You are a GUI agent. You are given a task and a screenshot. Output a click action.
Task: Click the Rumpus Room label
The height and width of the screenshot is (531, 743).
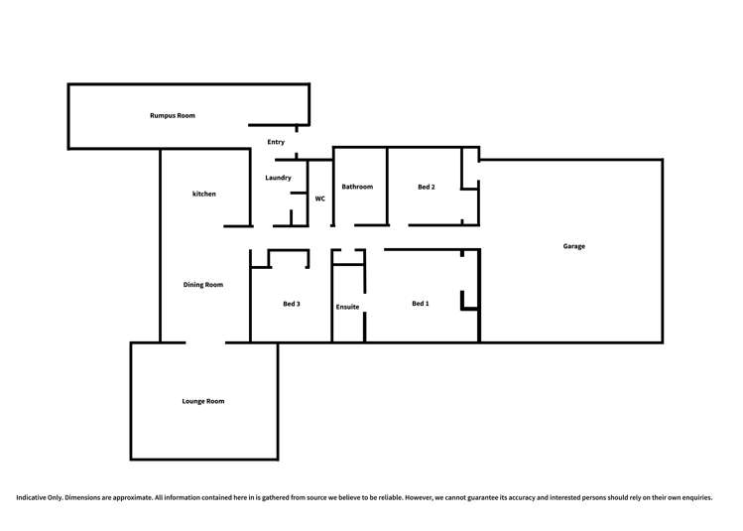point(172,116)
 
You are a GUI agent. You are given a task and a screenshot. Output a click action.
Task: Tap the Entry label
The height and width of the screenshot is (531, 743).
point(276,142)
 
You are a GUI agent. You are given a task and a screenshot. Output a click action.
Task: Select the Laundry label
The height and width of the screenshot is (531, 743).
point(278,178)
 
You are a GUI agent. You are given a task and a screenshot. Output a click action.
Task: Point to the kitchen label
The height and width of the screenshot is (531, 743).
point(204,194)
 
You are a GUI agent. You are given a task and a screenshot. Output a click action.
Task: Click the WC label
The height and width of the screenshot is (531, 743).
point(320,199)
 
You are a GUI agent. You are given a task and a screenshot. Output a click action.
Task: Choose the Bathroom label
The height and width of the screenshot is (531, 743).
point(357,187)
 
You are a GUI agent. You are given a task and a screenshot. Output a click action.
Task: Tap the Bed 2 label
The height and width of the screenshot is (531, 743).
point(426,187)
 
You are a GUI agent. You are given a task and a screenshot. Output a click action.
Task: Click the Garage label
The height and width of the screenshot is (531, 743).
point(573,246)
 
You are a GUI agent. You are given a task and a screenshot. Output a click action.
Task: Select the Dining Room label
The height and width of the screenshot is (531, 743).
point(203,285)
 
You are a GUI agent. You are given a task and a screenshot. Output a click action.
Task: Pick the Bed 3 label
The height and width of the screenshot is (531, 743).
point(292,304)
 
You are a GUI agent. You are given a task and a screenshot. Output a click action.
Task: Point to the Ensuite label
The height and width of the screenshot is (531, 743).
point(347,307)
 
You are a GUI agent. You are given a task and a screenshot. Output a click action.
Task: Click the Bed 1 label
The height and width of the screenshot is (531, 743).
point(421,304)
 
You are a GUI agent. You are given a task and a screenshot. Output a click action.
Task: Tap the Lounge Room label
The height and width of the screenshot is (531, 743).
point(203,401)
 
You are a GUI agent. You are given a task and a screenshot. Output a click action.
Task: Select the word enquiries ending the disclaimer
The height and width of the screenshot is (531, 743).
point(694,497)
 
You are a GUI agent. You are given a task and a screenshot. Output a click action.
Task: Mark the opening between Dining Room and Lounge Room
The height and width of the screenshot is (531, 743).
point(205,342)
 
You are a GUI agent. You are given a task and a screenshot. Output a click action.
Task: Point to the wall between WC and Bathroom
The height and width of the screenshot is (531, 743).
point(332,189)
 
